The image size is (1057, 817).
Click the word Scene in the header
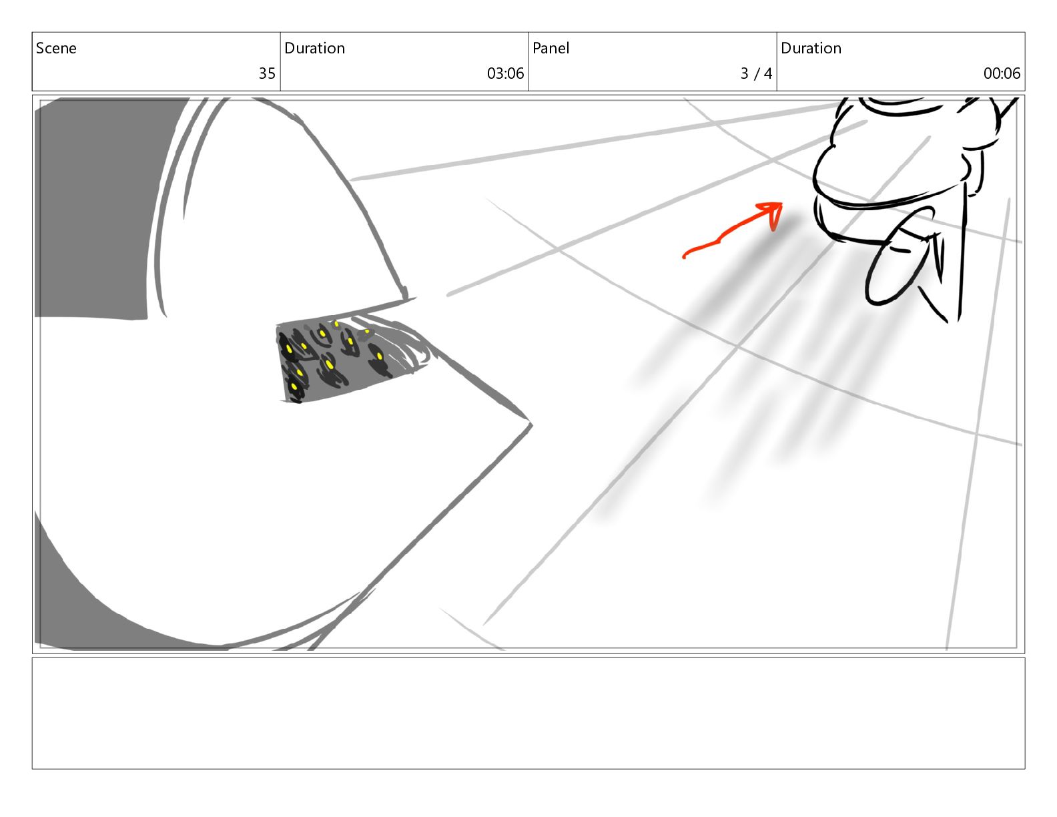(x=56, y=48)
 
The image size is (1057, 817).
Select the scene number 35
(x=267, y=73)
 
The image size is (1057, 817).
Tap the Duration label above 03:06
(x=314, y=48)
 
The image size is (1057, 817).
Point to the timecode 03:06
(x=505, y=73)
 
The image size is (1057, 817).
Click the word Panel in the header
(x=551, y=48)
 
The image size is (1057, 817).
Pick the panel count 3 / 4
(x=757, y=73)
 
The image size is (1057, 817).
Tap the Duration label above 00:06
(x=811, y=48)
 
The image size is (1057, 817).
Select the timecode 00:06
(x=1002, y=73)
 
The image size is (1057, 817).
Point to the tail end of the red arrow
(x=685, y=256)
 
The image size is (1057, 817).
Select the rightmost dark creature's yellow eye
(x=380, y=356)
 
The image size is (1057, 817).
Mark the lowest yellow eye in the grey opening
(x=294, y=387)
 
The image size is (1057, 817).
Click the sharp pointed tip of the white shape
(x=531, y=425)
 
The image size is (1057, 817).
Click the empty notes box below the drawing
(x=528, y=714)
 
